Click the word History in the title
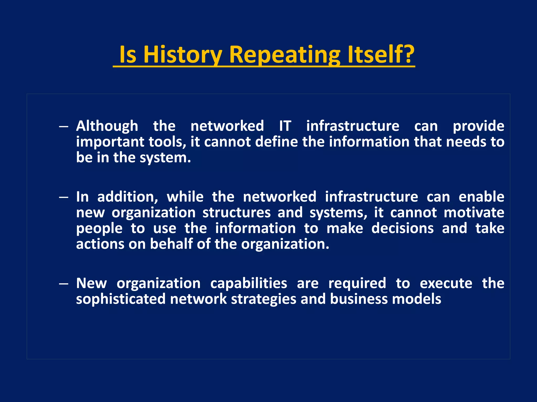183,55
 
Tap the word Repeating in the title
284,55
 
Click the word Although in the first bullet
107,126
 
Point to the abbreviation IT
285,126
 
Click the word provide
478,126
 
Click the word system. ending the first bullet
165,158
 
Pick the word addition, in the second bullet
128,197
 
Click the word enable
481,197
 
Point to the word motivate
474,213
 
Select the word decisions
402,228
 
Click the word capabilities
249,283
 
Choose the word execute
446,283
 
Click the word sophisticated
121,299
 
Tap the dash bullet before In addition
64,197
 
